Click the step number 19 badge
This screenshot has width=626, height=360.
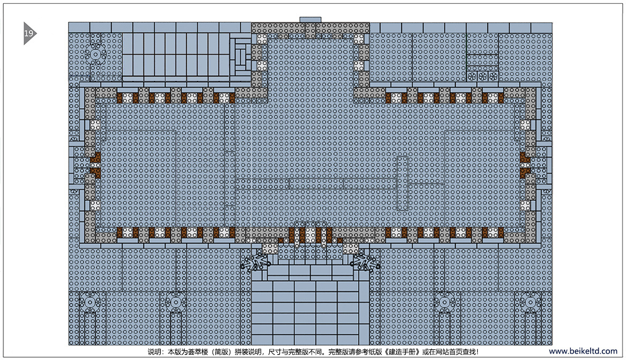point(29,33)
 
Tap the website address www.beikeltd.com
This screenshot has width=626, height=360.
point(583,351)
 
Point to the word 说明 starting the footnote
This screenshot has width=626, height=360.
point(154,352)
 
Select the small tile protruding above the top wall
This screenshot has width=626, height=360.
point(310,20)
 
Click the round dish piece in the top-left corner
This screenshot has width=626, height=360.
point(95,54)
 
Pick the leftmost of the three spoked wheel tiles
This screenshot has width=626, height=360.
point(472,76)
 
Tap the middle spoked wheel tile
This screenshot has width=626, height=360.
point(482,76)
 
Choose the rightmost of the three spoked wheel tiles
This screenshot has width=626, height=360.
point(493,76)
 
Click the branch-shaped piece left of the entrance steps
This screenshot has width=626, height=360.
point(255,263)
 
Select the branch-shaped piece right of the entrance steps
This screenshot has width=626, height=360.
point(365,263)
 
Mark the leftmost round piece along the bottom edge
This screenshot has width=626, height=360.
point(90,303)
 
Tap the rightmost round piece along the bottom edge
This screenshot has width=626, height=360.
point(530,303)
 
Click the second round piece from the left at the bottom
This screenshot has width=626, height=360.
point(175,303)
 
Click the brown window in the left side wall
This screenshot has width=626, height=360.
point(95,165)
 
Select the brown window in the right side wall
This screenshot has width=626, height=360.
point(525,165)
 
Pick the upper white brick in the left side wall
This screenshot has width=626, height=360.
point(95,125)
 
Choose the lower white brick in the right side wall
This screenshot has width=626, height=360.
point(525,205)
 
